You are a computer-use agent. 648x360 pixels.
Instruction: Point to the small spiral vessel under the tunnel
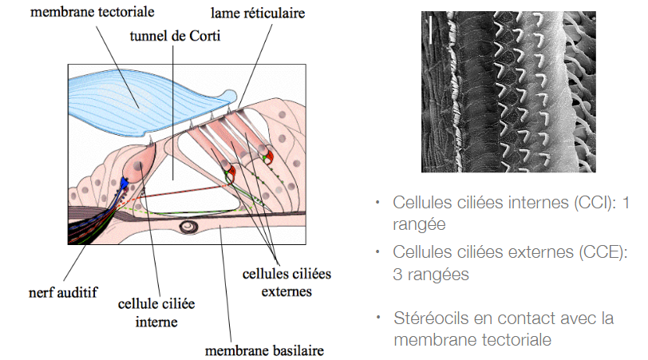(x=191, y=227)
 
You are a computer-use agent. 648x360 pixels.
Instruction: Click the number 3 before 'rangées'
(x=398, y=275)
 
